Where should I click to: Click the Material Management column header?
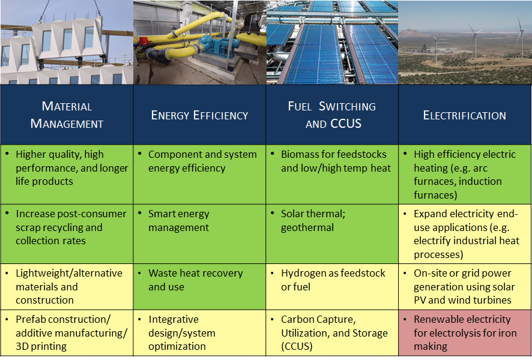point(67,115)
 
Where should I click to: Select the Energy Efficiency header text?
point(199,115)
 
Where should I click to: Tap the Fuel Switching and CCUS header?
point(332,115)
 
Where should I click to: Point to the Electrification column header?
point(465,115)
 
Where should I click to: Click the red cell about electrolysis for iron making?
point(465,333)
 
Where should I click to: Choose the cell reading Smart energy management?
point(199,234)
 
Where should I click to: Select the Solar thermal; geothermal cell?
point(332,234)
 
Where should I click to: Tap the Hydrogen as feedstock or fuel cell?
point(332,287)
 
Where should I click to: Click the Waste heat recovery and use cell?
point(199,287)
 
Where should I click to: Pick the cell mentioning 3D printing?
point(67,333)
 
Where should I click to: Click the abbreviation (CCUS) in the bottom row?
point(297,346)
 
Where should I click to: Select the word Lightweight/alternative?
point(69,273)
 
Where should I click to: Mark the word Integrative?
point(174,320)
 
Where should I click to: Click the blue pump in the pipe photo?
point(217,46)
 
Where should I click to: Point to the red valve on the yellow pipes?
point(144,41)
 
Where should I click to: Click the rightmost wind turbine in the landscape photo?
point(520,37)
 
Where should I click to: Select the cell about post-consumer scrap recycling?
point(67,234)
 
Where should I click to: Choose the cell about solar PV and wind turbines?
point(465,287)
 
